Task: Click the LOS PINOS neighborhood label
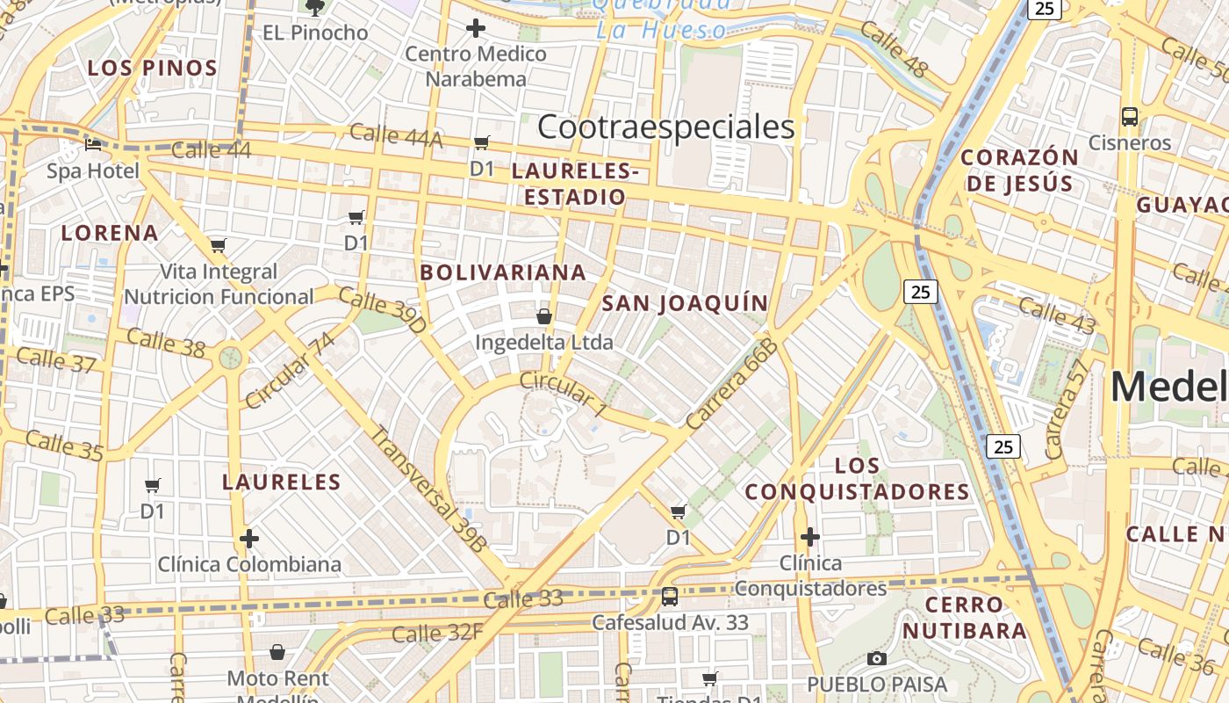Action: coord(153,68)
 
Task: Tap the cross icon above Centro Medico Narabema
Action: coord(476,28)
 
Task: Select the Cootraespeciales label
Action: coord(665,127)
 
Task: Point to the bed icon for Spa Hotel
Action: coord(92,144)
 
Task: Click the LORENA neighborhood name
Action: coord(110,233)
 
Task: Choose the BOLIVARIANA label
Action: coord(503,272)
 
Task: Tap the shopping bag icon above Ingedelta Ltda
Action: coord(544,316)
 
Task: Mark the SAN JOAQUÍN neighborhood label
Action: coord(685,304)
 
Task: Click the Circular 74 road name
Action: coord(290,372)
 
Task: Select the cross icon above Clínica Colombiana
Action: coord(249,538)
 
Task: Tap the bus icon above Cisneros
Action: coord(1130,116)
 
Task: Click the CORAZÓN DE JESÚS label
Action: coord(1018,170)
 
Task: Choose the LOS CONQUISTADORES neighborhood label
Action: coord(858,478)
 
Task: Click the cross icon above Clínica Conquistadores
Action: coord(810,536)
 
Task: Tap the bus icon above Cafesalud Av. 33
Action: coord(670,597)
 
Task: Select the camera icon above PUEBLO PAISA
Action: coord(876,658)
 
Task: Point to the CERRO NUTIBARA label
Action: coord(964,617)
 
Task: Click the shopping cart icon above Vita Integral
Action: coord(219,245)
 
